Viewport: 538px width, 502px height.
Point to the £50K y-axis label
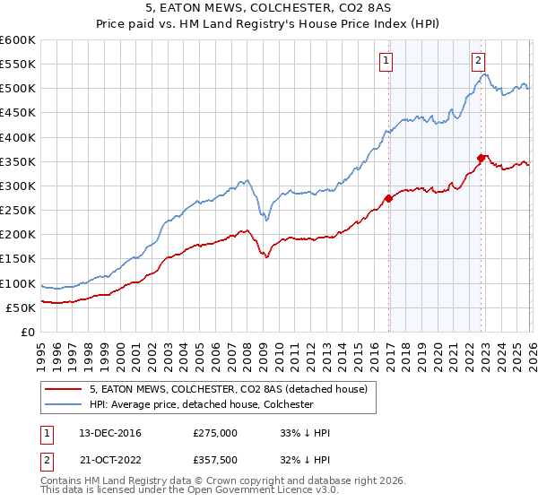click(x=21, y=307)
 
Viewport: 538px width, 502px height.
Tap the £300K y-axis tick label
click(x=18, y=186)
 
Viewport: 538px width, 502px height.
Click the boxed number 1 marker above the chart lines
click(x=386, y=61)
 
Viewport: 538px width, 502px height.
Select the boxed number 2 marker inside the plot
click(x=479, y=61)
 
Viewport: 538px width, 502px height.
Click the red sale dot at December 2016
click(x=388, y=198)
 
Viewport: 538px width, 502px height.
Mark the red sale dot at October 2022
click(x=482, y=158)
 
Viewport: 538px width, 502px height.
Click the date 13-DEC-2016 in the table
click(x=104, y=433)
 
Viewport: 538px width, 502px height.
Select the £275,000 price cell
click(x=214, y=433)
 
